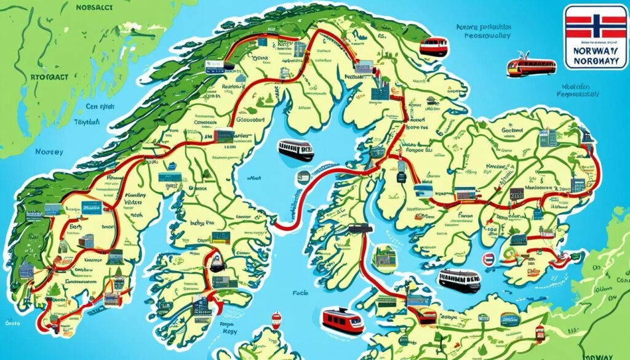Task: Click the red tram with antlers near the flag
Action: [x=530, y=66]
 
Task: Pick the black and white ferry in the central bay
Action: [x=296, y=150]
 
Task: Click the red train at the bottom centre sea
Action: [x=343, y=320]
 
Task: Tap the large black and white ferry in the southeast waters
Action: [x=459, y=281]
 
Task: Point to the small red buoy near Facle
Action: [x=276, y=319]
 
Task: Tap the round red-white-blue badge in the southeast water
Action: [x=489, y=258]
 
